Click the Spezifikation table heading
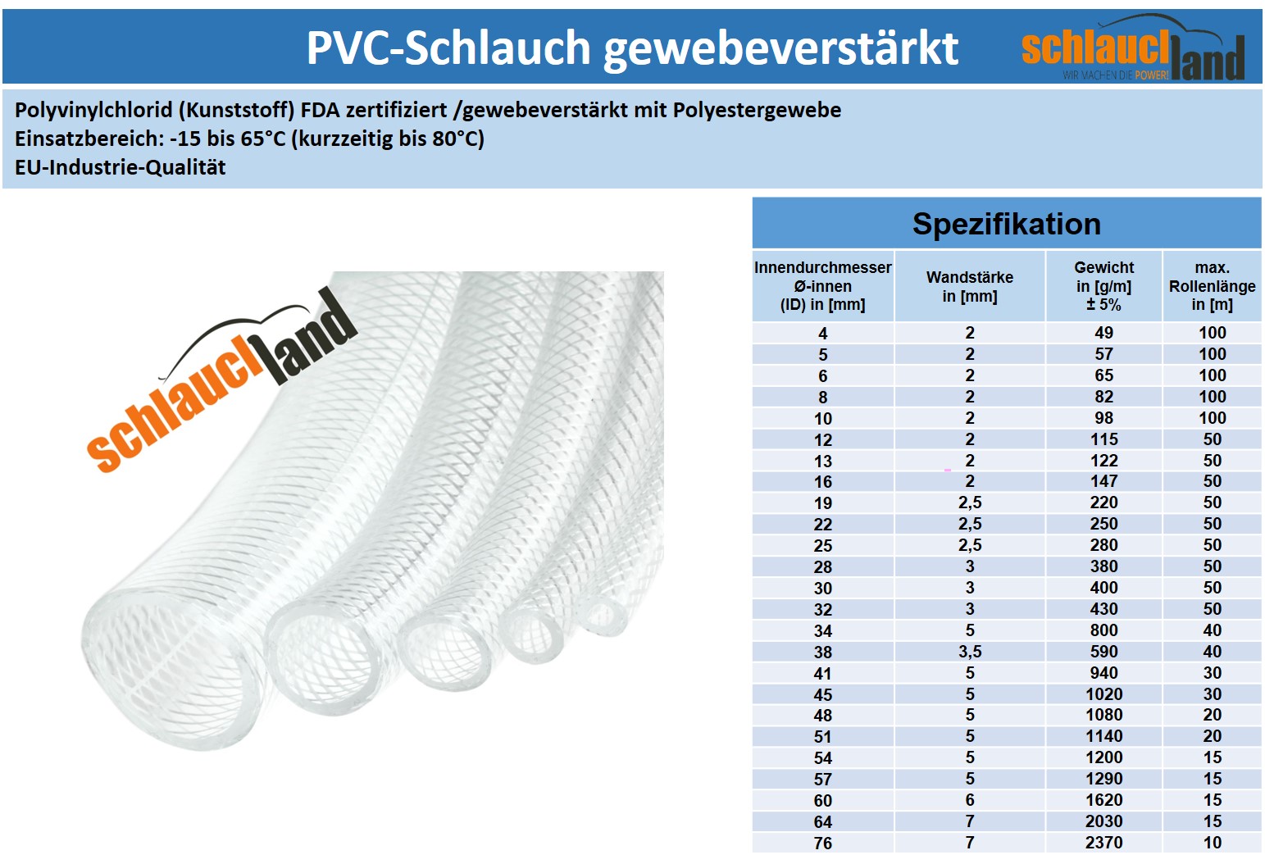(1006, 224)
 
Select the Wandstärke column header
(969, 286)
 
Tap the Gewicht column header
(1103, 285)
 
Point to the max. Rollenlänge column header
(1212, 285)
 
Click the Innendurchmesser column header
(822, 285)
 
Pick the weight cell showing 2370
(1103, 843)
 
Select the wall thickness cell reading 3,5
(969, 652)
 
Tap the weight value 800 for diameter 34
(1103, 630)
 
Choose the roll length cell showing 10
(1212, 843)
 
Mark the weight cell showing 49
(1103, 333)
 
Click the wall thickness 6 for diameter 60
(969, 800)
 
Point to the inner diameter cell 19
(822, 503)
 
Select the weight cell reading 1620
(1103, 800)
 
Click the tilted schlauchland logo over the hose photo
(221, 381)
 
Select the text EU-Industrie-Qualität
(120, 167)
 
